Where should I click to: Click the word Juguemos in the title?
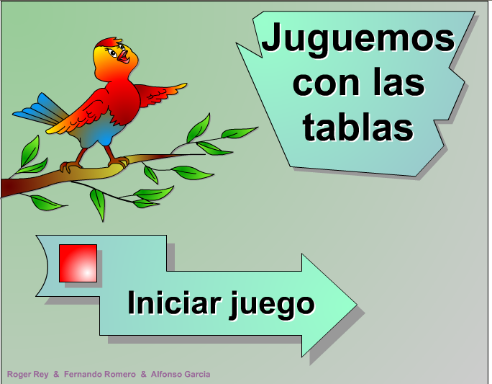[358, 40]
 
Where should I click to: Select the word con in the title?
[326, 84]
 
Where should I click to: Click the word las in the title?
[399, 81]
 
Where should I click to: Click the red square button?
[78, 263]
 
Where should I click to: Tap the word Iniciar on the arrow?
[174, 303]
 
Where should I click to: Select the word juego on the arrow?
[272, 305]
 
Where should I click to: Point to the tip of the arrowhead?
[357, 305]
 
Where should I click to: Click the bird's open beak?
[123, 56]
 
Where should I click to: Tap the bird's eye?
[111, 53]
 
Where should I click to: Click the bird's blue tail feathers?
[40, 111]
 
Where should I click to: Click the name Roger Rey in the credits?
[27, 374]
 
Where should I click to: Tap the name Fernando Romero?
[100, 374]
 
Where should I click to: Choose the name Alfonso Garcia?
[181, 374]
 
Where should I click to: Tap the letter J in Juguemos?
[272, 37]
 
